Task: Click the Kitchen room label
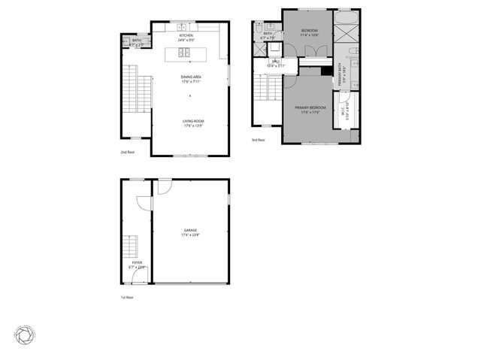click(186, 38)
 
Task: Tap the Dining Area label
click(190, 78)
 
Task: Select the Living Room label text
click(194, 123)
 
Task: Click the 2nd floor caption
click(127, 152)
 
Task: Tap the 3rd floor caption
click(259, 139)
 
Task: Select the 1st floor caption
click(127, 297)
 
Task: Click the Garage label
click(191, 233)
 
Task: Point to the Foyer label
click(138, 264)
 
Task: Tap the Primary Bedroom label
click(313, 109)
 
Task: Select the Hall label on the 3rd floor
click(276, 63)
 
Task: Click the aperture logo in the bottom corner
click(24, 334)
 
